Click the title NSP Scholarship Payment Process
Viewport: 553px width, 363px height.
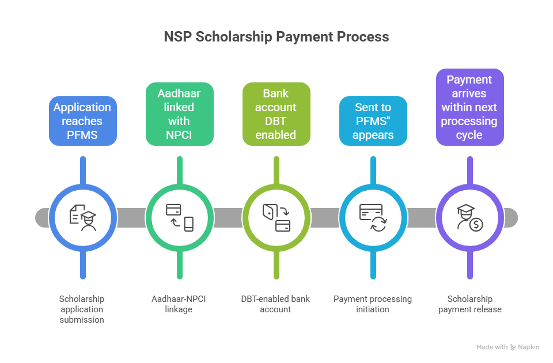tap(276, 37)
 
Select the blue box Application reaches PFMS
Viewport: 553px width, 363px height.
tap(82, 121)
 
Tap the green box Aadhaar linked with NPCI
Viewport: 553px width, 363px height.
tap(180, 114)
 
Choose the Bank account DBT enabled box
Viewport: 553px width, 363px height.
tap(276, 114)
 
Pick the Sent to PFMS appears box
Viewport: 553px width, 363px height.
tap(373, 121)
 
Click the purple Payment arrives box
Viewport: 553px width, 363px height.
tap(470, 107)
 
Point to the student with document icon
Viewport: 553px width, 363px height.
tap(83, 217)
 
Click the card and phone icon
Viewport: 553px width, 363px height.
tap(180, 217)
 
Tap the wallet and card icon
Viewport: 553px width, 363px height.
tap(276, 217)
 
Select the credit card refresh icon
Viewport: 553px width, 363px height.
tap(373, 217)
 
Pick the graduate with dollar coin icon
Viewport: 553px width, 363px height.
tap(470, 217)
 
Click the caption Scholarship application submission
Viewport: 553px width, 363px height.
tap(82, 309)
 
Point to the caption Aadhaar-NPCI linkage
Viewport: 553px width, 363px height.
tap(180, 304)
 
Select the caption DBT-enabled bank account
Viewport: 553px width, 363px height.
tap(275, 304)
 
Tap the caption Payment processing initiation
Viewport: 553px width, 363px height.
tap(373, 304)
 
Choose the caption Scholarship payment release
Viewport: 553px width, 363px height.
tap(469, 304)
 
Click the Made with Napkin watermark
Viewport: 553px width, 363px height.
tap(507, 347)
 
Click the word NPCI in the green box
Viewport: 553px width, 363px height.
tap(180, 135)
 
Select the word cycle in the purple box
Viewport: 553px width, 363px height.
tap(470, 135)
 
